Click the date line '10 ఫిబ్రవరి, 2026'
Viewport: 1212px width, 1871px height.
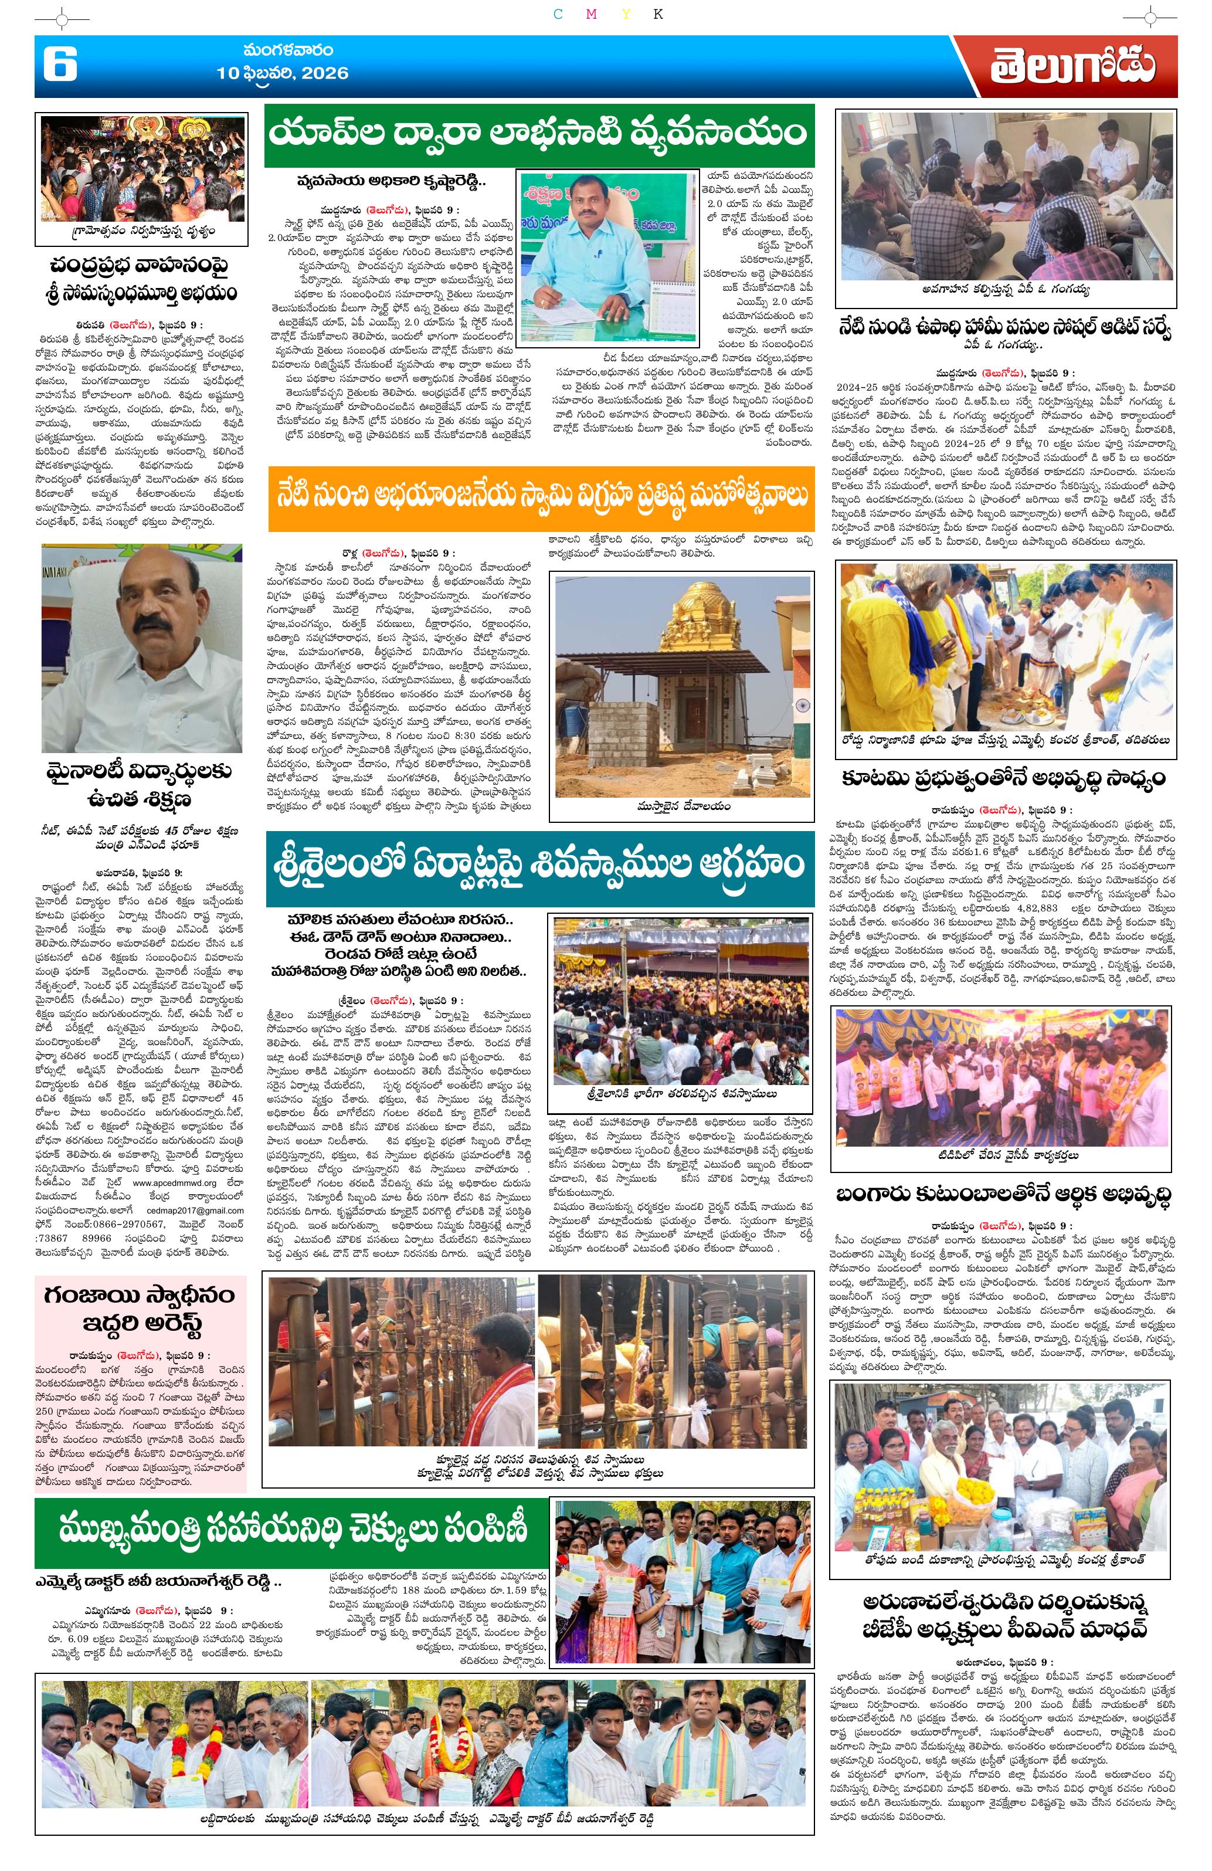click(282, 74)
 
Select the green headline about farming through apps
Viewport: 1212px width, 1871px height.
click(538, 134)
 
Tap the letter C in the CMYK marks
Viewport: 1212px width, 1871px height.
click(558, 14)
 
